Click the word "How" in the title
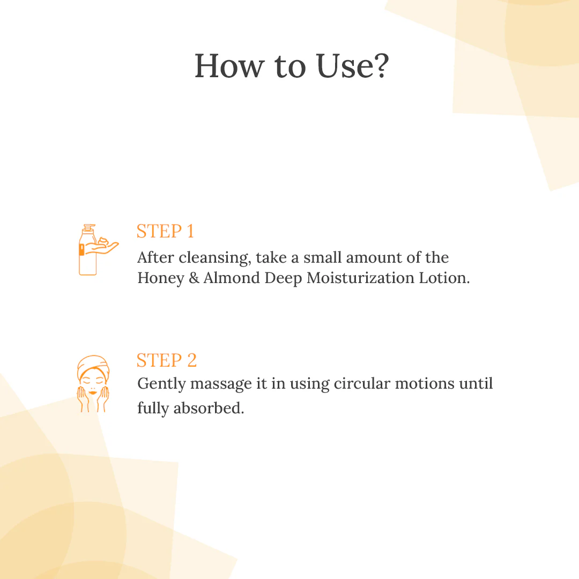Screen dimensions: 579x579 pos(229,66)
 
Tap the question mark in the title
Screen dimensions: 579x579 pos(378,66)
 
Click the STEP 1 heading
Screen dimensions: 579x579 pos(165,231)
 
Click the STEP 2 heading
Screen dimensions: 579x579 pos(166,360)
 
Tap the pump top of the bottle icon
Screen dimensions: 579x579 pos(88,228)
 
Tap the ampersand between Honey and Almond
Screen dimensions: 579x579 pos(194,279)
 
